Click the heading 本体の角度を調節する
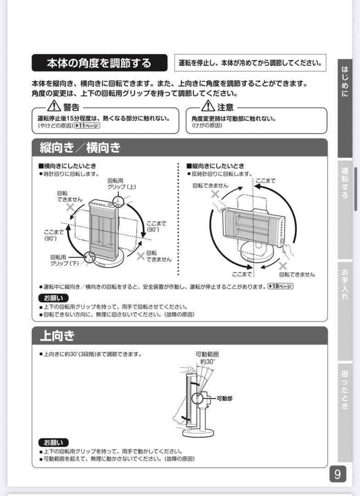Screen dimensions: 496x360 pyautogui.click(x=99, y=63)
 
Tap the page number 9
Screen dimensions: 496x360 pyautogui.click(x=337, y=474)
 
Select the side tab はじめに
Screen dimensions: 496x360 pyautogui.click(x=345, y=82)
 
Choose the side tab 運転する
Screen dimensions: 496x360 pyautogui.click(x=345, y=183)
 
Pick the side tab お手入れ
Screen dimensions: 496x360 pyautogui.click(x=345, y=284)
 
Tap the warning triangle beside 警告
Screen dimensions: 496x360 pyautogui.click(x=54, y=107)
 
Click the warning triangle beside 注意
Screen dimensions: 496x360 pyautogui.click(x=208, y=107)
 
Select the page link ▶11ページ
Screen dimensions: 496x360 pyautogui.click(x=87, y=125)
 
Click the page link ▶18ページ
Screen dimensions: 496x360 pyautogui.click(x=280, y=286)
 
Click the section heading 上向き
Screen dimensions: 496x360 pyautogui.click(x=57, y=336)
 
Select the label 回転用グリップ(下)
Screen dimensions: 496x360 pyautogui.click(x=64, y=260)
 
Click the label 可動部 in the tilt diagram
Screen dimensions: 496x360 pyautogui.click(x=224, y=398)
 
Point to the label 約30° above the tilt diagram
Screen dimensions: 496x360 pyautogui.click(x=208, y=362)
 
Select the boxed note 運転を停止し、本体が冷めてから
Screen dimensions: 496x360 pyautogui.click(x=250, y=63)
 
